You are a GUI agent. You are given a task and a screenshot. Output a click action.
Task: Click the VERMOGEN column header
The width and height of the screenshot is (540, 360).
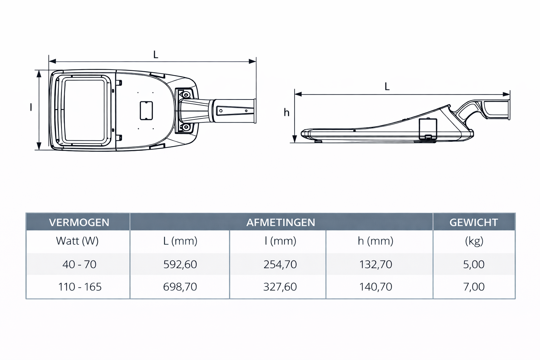click(x=79, y=222)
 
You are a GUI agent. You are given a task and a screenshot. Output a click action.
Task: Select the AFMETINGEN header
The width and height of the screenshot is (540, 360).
click(x=281, y=222)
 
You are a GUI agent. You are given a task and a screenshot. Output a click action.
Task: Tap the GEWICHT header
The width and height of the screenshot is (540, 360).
click(x=474, y=222)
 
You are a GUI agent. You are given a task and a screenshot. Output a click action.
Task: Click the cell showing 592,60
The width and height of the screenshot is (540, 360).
click(x=180, y=264)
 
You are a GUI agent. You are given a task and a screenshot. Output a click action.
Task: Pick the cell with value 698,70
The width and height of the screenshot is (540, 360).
click(x=180, y=287)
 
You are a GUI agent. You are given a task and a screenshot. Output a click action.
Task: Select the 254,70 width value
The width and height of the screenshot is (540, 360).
click(x=280, y=264)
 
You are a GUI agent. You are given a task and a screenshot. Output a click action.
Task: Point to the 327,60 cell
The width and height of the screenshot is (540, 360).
click(x=280, y=287)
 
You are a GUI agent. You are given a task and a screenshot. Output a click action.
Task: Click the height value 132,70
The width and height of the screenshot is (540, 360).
click(x=375, y=264)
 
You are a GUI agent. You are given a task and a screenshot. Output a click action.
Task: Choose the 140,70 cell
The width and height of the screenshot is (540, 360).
click(x=375, y=287)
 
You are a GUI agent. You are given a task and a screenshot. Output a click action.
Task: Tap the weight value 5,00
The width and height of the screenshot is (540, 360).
click(x=474, y=264)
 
